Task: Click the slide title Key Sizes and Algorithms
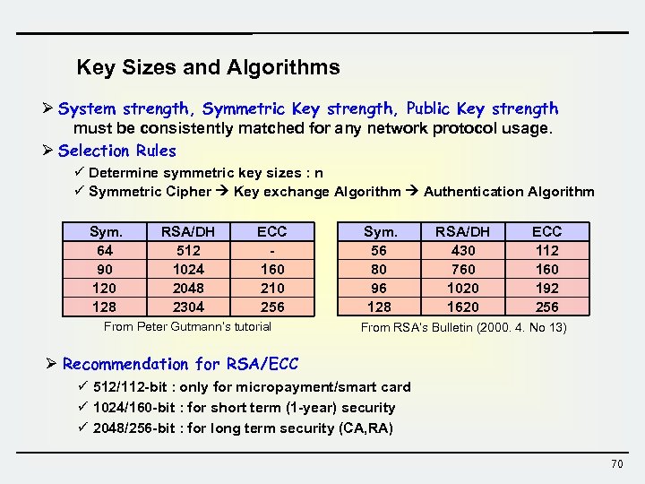(208, 67)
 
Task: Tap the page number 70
(616, 463)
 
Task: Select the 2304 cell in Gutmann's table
(189, 307)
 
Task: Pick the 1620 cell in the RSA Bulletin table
(463, 307)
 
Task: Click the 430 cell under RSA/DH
(463, 250)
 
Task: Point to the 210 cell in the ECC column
(271, 288)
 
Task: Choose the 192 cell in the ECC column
(546, 288)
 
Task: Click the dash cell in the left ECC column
(271, 250)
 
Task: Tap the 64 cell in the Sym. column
(105, 250)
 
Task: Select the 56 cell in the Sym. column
(379, 250)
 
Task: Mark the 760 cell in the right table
(463, 269)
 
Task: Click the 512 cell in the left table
(189, 250)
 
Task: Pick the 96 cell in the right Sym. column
(379, 288)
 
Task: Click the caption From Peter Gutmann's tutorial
(187, 326)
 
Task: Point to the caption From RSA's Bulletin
(463, 327)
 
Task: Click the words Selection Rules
(117, 151)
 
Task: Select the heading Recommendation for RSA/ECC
(180, 364)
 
